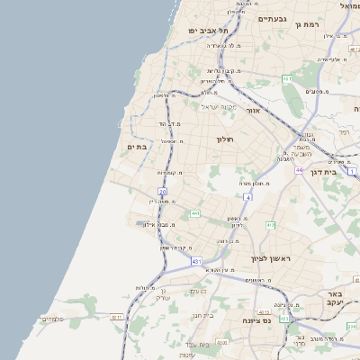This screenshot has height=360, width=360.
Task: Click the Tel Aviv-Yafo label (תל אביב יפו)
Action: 206,31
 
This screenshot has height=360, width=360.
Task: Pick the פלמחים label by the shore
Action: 53,319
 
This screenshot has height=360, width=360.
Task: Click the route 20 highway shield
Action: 162,191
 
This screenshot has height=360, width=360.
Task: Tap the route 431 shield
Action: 196,261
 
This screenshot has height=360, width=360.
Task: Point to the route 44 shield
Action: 299,169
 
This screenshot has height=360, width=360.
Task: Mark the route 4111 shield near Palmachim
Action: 115,317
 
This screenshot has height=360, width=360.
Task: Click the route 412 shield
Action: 284,318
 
